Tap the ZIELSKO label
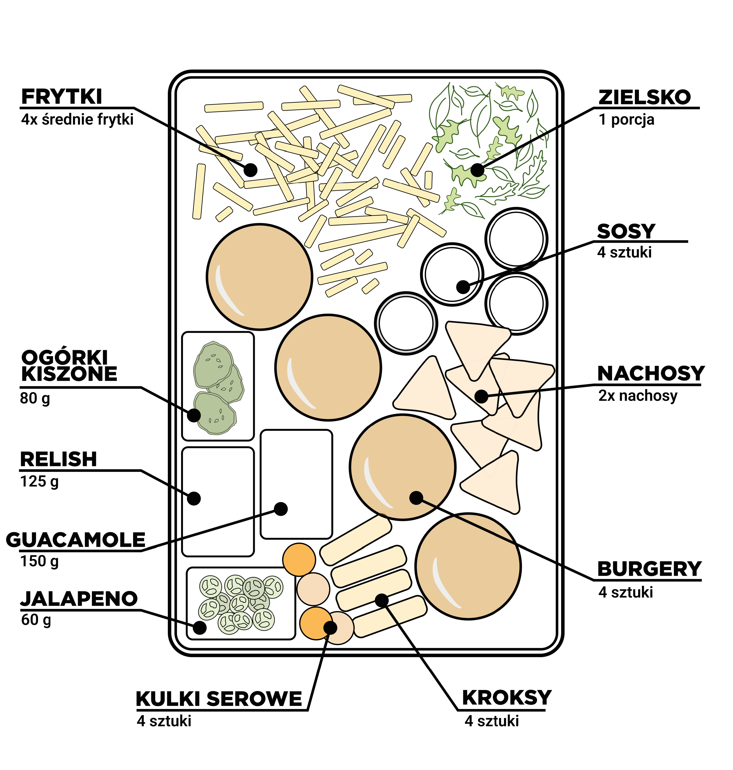(x=645, y=98)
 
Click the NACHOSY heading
(x=651, y=374)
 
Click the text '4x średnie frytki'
(x=77, y=120)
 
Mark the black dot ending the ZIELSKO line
(x=477, y=170)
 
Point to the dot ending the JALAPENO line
(x=200, y=628)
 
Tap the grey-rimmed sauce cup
(x=406, y=323)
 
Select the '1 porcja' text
(x=626, y=120)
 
